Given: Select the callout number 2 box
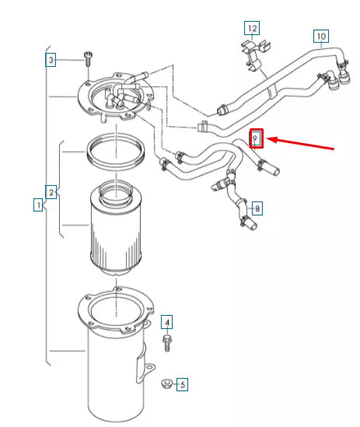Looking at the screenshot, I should coord(51,191).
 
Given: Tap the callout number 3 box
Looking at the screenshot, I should coord(51,60).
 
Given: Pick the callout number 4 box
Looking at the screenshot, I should coord(166,320).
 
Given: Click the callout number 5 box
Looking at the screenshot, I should coord(182,383).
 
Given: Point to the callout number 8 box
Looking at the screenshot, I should coord(257,208).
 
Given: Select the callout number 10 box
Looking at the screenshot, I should coord(320,36).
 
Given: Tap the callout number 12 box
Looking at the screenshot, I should coord(251,29).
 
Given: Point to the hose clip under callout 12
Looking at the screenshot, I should coord(246,55).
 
